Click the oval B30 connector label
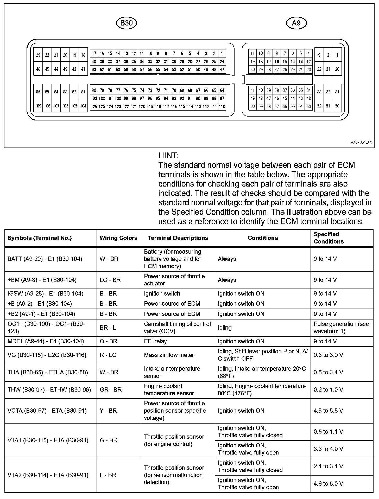(126, 23)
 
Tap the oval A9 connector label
(296, 23)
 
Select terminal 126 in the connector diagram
(94, 106)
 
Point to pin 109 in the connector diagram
(38, 106)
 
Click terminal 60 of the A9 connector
(252, 106)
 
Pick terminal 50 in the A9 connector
(337, 106)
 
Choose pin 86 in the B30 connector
(38, 92)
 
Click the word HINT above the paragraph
(168, 156)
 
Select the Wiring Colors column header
(118, 238)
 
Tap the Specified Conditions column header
(329, 238)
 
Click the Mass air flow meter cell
(169, 355)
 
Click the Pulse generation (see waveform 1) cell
(341, 328)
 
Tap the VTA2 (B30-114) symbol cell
(48, 475)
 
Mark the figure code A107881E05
(361, 142)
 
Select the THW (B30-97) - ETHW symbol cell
(49, 389)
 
